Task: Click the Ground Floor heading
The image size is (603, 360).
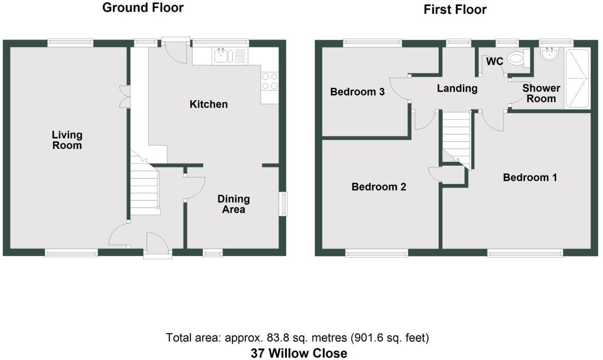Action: coord(143,8)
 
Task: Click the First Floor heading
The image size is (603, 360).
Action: coord(455,10)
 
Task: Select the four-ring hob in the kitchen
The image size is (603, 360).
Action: coord(269,81)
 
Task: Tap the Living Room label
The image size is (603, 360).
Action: coord(67,140)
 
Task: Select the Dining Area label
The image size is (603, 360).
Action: coord(234,204)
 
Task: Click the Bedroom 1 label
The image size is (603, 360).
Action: coord(529,177)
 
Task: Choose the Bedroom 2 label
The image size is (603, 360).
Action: coord(378,187)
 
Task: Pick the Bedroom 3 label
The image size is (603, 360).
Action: coord(357,92)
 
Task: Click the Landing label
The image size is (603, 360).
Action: coord(457,89)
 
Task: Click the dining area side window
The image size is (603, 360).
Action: coord(283,204)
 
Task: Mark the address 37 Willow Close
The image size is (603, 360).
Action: coord(299,353)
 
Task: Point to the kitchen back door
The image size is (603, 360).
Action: coord(175,51)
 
